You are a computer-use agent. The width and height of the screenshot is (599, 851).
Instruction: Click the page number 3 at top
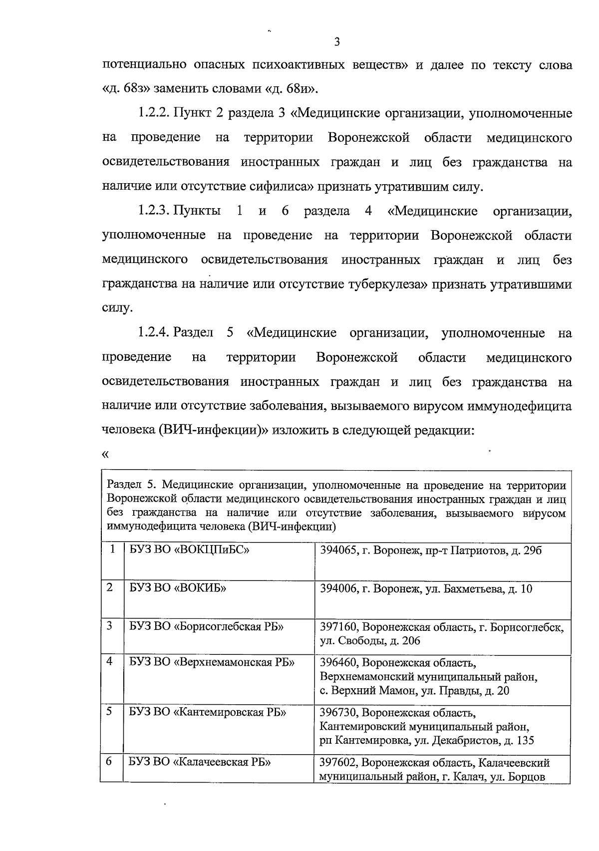tap(337, 42)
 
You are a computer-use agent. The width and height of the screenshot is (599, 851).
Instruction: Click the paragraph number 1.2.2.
tap(154, 114)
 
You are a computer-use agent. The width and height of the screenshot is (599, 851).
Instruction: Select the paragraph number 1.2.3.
tap(154, 211)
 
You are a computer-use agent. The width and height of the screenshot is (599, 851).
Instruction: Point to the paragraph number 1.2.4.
tap(154, 333)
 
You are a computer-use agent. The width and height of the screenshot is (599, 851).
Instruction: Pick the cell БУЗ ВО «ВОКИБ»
tap(178, 588)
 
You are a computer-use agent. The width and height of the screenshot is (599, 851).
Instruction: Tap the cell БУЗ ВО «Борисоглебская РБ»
tap(206, 626)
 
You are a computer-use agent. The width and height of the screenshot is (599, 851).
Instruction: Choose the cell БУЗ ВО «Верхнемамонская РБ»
tap(212, 662)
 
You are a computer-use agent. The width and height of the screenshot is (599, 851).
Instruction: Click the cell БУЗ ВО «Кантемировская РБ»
tap(208, 712)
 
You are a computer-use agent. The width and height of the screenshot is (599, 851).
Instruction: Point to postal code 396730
tap(337, 712)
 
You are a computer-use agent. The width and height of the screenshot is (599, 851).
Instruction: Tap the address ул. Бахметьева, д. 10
tap(478, 589)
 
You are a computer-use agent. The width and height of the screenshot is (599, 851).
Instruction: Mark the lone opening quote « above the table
tap(105, 454)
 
